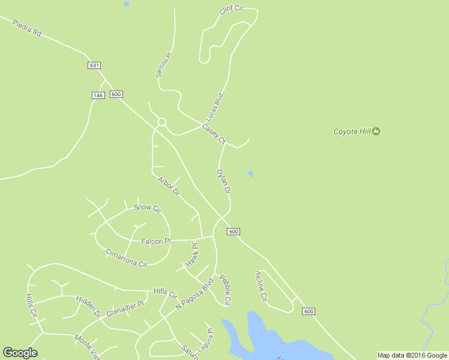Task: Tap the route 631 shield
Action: click(94, 65)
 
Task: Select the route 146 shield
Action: click(98, 95)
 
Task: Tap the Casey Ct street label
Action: click(213, 134)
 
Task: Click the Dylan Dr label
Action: click(223, 181)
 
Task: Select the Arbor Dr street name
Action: click(169, 186)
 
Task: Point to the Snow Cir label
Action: click(147, 208)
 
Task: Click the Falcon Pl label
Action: click(155, 241)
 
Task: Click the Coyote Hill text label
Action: click(352, 131)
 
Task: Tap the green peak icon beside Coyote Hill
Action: click(376, 131)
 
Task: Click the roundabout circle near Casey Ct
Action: click(161, 122)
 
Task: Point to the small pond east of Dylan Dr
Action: click(250, 175)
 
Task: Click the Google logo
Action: click(20, 353)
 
